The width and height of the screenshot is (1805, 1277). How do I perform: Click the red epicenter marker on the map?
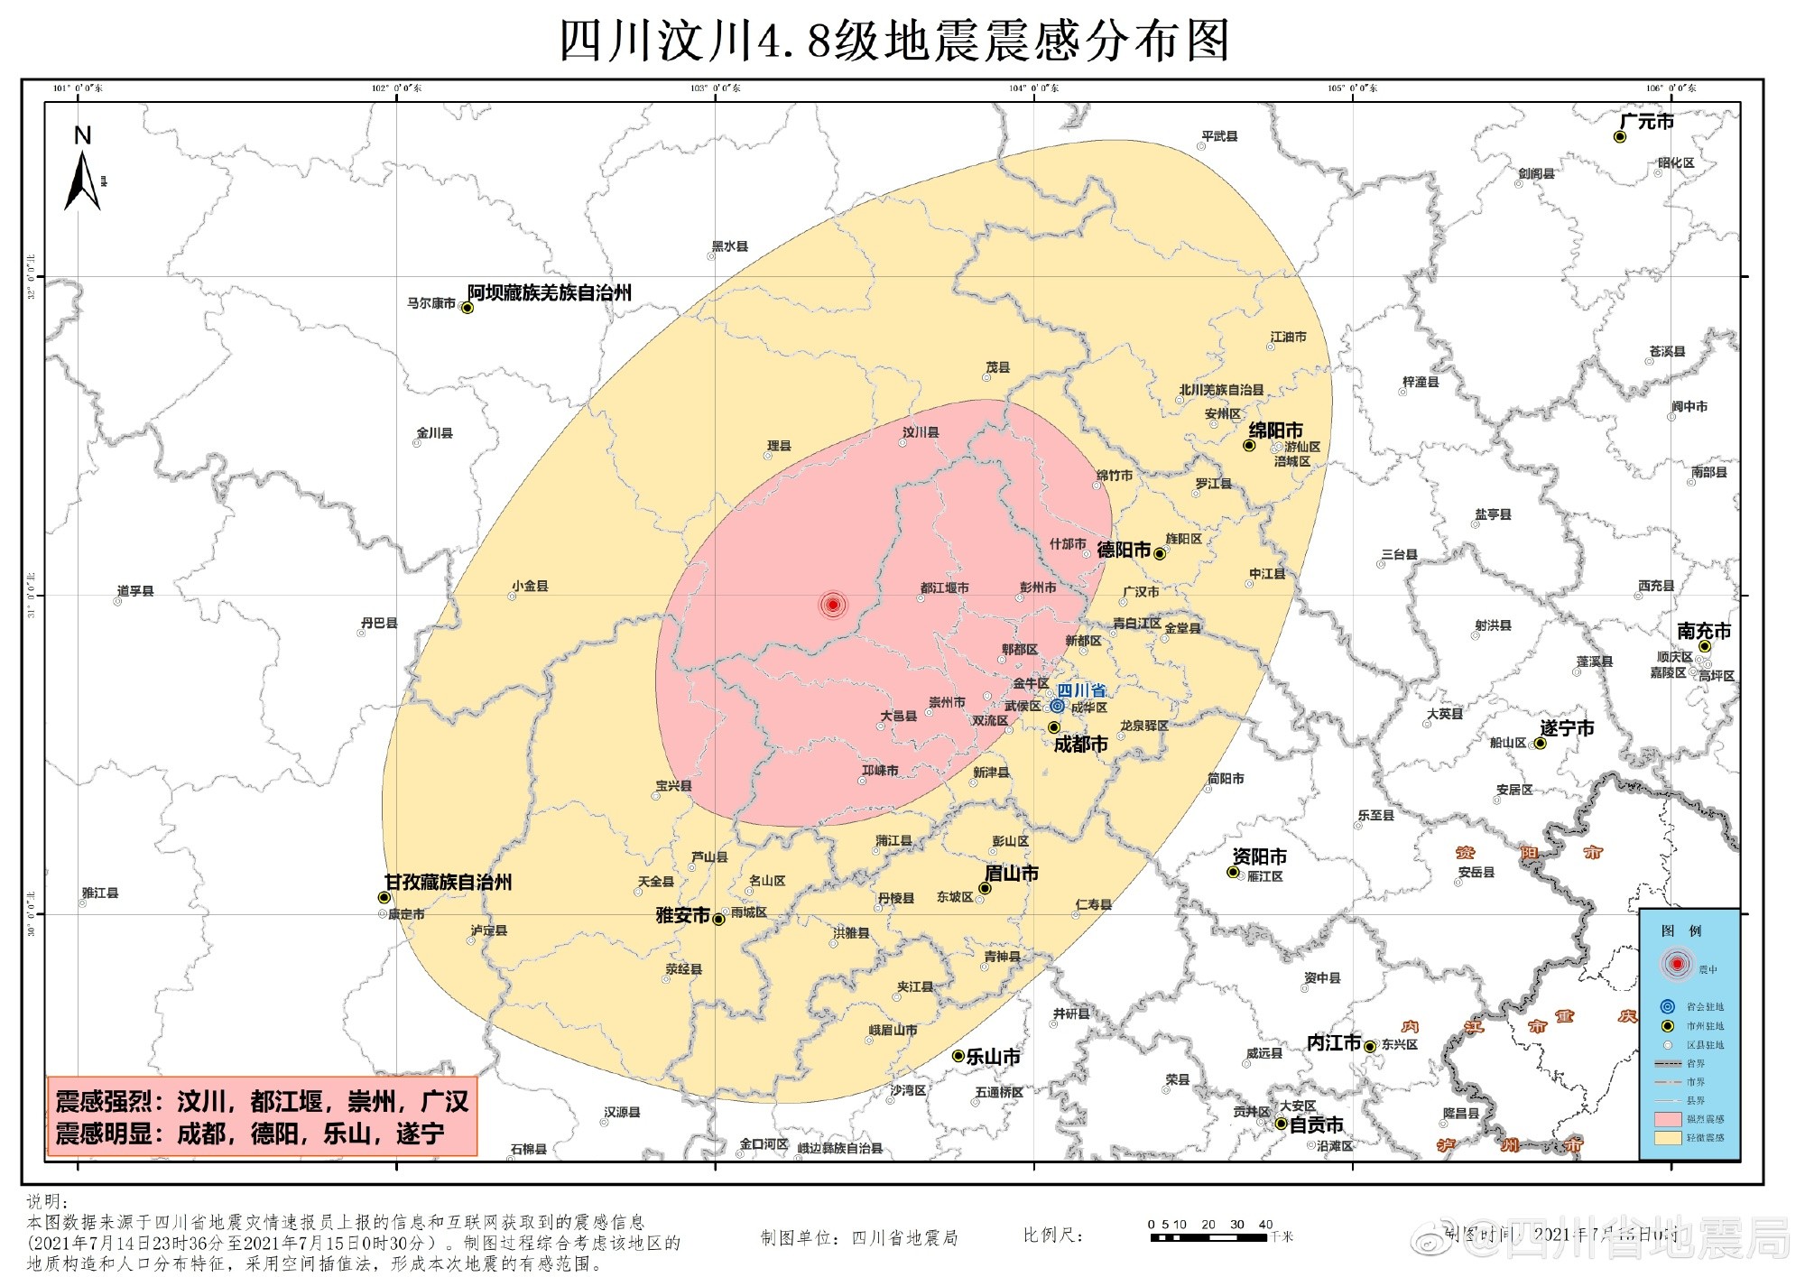tap(832, 604)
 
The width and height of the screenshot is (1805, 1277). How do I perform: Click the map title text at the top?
tap(893, 41)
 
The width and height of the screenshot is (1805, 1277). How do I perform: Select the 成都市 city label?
tap(1080, 745)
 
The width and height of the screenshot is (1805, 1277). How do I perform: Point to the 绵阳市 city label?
tap(1275, 430)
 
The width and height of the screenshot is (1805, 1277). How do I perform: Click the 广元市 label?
tap(1646, 122)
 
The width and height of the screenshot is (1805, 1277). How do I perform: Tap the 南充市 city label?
tap(1704, 631)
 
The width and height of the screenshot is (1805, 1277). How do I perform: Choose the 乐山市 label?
tap(993, 1057)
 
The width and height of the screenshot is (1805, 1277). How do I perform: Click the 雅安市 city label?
tap(682, 915)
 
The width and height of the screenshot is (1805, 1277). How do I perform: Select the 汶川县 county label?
tap(921, 432)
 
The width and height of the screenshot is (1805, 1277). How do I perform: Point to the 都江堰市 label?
tap(944, 588)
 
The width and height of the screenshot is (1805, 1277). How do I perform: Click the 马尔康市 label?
tap(430, 303)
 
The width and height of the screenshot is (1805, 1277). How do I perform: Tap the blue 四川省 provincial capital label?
tap(1081, 690)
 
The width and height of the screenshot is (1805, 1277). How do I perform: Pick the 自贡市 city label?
tap(1316, 1124)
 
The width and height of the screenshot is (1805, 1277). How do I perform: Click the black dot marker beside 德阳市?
tap(1160, 553)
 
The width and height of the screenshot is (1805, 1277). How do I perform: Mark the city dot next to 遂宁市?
tap(1541, 744)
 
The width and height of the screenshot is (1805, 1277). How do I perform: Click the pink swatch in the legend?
tap(1668, 1119)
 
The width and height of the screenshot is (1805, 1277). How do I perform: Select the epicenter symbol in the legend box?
tap(1677, 964)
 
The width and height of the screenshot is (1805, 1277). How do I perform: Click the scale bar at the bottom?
tap(1208, 1237)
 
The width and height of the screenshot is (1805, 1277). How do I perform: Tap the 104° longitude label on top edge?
tap(1034, 88)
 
